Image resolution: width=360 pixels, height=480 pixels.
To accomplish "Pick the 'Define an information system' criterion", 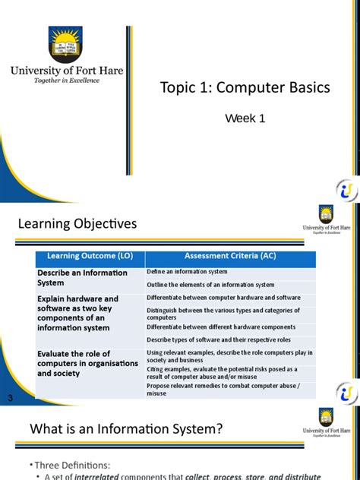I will (x=187, y=271).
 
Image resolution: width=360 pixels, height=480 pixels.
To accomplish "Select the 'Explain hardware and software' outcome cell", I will (x=78, y=313).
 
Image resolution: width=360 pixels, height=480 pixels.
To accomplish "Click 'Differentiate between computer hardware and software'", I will (x=223, y=298).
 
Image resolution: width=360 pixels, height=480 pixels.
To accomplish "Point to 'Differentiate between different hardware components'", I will (x=220, y=327).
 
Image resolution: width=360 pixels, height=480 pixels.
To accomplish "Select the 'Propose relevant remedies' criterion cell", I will (x=223, y=389).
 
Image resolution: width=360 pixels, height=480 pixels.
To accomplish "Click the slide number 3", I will (x=10, y=399).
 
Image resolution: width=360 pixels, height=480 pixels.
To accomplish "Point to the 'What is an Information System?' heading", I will (x=126, y=429).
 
